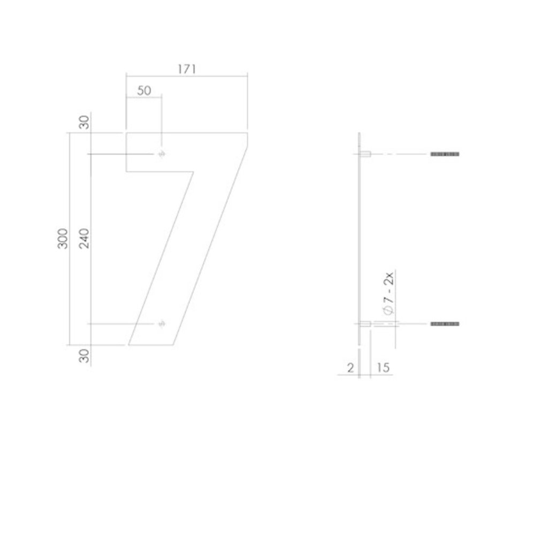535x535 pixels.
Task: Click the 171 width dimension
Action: [186, 69]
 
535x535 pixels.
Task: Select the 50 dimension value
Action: [143, 90]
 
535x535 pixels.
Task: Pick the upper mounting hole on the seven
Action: [161, 154]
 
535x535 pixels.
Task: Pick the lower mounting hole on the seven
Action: [161, 324]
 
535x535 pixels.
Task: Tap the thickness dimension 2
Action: [350, 368]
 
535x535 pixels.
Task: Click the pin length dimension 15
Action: [383, 368]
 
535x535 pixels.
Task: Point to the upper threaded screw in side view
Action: [445, 154]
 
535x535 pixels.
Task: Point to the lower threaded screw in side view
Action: [445, 324]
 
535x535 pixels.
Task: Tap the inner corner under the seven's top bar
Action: [193, 172]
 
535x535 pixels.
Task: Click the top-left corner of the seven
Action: [126, 133]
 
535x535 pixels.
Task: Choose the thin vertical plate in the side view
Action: [360, 241]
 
